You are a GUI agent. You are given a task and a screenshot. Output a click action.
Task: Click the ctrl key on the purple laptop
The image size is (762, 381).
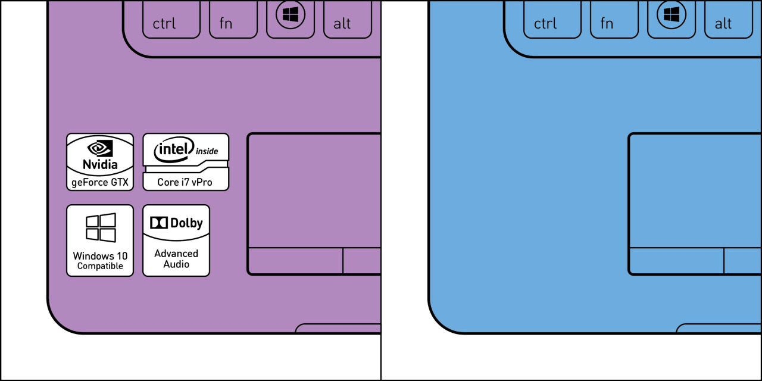(x=171, y=19)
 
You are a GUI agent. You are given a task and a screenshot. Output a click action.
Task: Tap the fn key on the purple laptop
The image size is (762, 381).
(x=233, y=19)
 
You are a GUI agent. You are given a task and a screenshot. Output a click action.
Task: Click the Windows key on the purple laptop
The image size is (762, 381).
(x=291, y=19)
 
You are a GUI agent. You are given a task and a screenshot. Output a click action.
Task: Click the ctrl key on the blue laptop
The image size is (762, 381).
(x=552, y=19)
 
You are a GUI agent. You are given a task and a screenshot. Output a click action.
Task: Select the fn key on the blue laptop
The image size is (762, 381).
(x=614, y=19)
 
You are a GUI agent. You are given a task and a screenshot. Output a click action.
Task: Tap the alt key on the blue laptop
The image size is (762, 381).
(x=729, y=19)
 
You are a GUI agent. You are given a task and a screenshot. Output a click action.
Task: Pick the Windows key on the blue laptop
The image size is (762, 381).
(x=672, y=19)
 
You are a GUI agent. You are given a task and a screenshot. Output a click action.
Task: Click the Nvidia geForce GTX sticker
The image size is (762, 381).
(x=100, y=162)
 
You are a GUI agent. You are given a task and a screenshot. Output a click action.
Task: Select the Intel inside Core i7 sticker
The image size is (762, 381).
(x=186, y=162)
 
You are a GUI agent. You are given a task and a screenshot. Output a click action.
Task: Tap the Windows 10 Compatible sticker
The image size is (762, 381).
(x=100, y=241)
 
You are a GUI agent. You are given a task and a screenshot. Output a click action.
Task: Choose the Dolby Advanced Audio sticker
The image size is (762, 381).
(x=176, y=241)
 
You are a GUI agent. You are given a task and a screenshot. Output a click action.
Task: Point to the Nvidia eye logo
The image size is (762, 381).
(x=100, y=148)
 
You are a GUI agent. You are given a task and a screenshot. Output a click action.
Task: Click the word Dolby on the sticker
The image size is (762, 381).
(x=186, y=223)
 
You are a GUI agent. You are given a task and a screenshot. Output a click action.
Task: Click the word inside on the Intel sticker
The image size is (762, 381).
(x=207, y=151)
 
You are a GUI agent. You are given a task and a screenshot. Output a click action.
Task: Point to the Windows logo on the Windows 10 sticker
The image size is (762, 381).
(x=101, y=227)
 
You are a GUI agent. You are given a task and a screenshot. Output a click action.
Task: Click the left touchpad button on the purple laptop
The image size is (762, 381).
(x=295, y=261)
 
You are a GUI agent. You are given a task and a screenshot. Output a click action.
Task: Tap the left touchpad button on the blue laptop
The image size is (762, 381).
(x=676, y=261)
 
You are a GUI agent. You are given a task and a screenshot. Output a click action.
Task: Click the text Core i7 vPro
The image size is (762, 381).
(x=185, y=182)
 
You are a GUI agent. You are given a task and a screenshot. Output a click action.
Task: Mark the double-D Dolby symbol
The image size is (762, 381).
(x=159, y=223)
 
